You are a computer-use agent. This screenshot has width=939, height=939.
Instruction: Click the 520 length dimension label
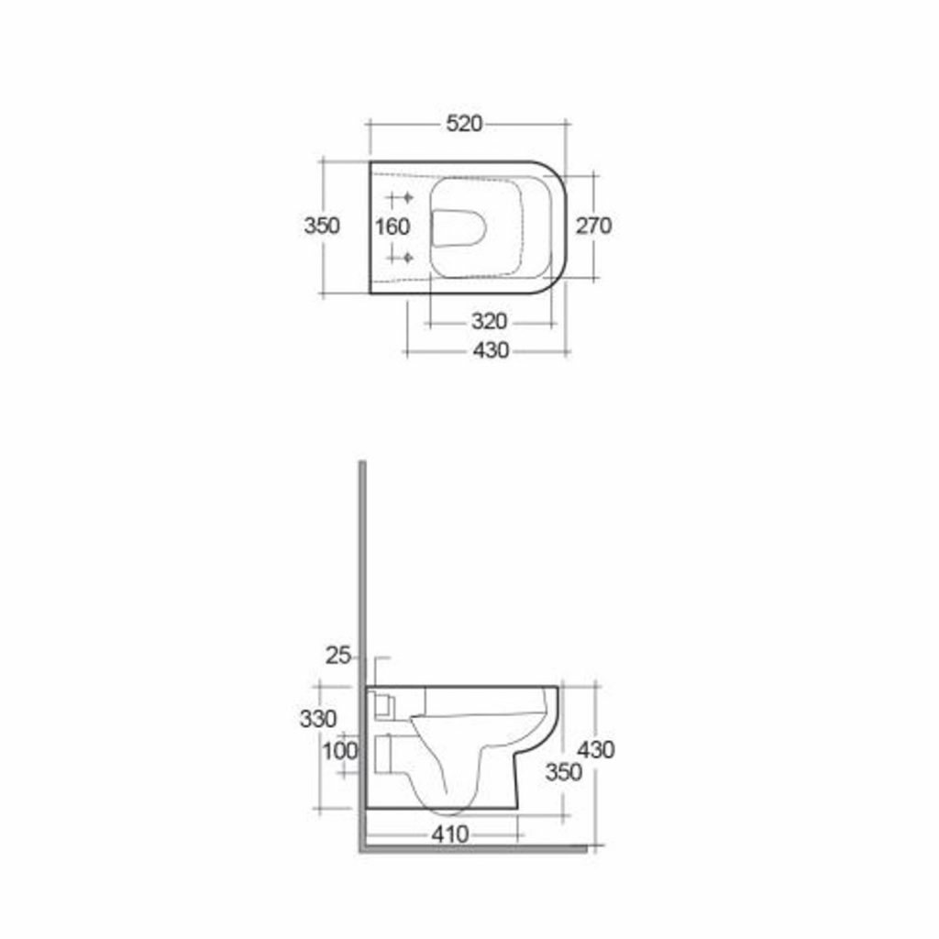(x=464, y=124)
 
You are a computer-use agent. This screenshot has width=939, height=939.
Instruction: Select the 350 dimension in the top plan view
(x=322, y=226)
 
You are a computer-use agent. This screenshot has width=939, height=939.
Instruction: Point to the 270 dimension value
(x=593, y=226)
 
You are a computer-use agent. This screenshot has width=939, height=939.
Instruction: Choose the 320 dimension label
(x=490, y=322)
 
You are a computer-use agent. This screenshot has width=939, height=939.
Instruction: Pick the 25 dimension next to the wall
(x=339, y=655)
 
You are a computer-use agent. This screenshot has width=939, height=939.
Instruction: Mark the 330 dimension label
(x=317, y=719)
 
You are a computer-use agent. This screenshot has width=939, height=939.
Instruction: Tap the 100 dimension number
(x=339, y=750)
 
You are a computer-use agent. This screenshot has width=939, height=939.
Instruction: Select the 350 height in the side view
(x=563, y=772)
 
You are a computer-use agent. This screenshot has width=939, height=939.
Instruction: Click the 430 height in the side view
(x=596, y=749)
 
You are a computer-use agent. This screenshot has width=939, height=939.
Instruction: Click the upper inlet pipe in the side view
(x=383, y=705)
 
